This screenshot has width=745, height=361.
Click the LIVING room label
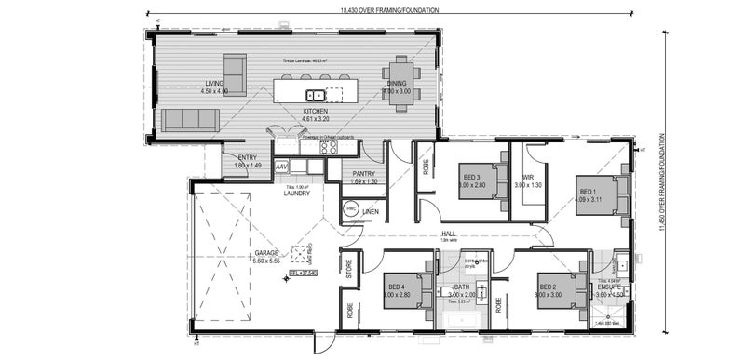coord(215,83)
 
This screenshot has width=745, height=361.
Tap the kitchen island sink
coord(316,93)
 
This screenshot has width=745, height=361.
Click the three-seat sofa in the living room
coord(190,119)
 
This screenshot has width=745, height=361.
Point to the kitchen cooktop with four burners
coord(328,145)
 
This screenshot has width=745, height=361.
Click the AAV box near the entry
coord(281,167)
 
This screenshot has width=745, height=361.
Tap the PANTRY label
coord(363,173)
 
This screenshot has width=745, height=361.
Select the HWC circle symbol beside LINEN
coord(352,212)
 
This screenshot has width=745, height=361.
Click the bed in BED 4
coord(408,293)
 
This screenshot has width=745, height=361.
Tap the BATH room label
coord(462,287)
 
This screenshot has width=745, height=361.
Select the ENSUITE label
coord(611,287)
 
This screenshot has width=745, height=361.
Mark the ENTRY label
coord(248,157)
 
